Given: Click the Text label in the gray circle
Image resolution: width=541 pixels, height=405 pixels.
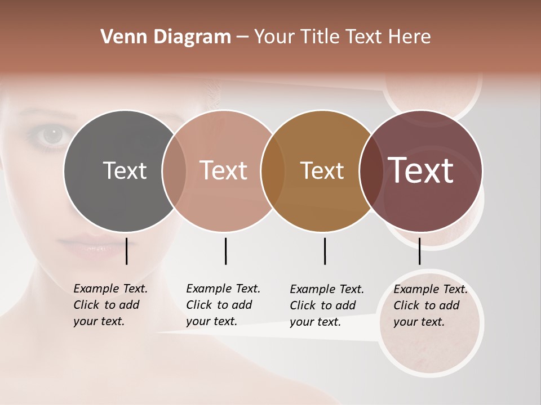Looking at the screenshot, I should (x=125, y=170).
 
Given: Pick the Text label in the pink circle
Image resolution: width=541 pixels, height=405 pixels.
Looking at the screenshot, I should (x=223, y=170).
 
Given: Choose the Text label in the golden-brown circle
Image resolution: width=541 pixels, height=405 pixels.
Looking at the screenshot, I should (x=322, y=170).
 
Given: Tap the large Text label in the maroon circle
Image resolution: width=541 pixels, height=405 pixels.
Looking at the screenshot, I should (x=420, y=170).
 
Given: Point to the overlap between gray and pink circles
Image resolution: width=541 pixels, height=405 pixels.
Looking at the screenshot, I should (x=174, y=170).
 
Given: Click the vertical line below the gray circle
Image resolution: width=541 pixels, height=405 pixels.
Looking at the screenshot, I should (x=127, y=251).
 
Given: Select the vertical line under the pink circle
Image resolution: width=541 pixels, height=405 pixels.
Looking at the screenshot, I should (x=225, y=251).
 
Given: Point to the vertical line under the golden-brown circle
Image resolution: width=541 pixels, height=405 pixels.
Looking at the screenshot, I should (x=325, y=251).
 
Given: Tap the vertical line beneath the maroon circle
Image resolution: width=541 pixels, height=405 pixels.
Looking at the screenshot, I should (x=419, y=251).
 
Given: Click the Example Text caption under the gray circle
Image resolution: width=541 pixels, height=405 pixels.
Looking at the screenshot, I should (x=110, y=305).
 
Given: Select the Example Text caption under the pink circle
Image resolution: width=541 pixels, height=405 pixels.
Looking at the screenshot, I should (x=223, y=305).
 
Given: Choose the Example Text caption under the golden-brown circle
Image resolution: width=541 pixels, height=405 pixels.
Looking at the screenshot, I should (x=326, y=305).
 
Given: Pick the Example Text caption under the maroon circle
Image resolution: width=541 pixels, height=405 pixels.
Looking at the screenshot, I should (x=430, y=305).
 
